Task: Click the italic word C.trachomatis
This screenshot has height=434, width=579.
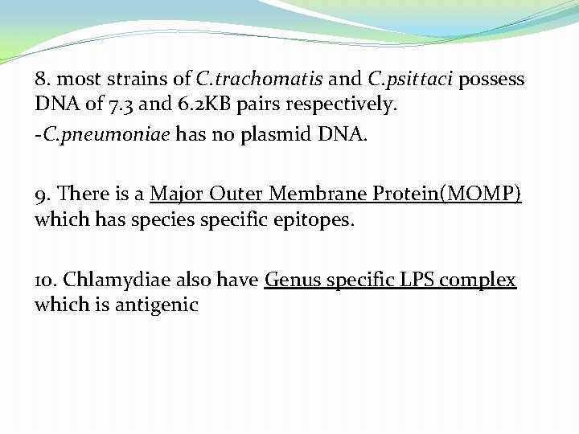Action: [x=260, y=80]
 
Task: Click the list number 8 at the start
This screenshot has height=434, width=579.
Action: [x=42, y=80]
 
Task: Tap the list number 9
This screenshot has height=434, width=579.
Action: [x=42, y=194]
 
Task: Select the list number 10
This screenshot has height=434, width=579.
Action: [x=45, y=280]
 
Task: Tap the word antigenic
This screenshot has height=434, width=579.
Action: [x=156, y=305]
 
